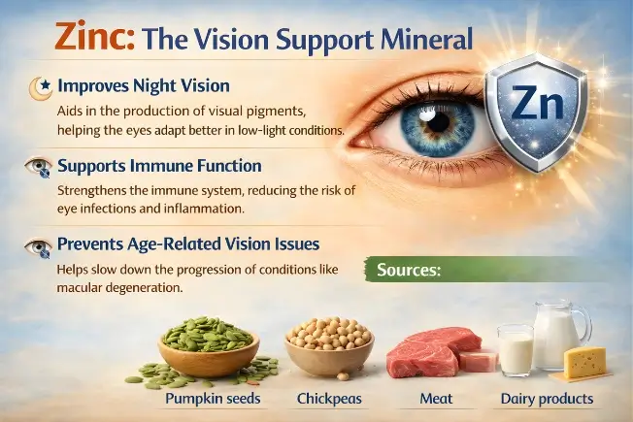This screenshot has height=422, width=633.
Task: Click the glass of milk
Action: [x=516, y=349]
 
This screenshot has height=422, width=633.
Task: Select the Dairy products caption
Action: [x=547, y=399]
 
